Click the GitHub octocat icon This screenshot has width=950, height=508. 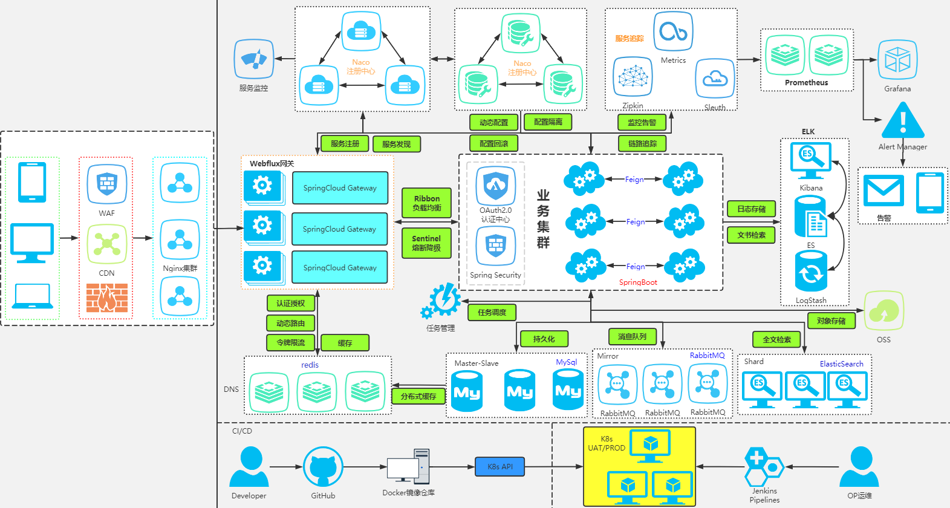(323, 467)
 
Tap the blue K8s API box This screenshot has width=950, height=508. (500, 467)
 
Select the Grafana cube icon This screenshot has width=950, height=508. (897, 60)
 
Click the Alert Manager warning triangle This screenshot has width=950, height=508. (903, 121)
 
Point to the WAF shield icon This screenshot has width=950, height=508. (107, 184)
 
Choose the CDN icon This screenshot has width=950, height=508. (107, 244)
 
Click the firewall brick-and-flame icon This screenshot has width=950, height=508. (107, 298)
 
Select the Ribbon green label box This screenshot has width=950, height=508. (426, 203)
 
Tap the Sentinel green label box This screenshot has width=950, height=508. (426, 243)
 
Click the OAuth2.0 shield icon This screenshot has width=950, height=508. (496, 185)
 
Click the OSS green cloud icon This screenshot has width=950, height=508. (883, 311)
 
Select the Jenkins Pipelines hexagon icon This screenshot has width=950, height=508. (764, 466)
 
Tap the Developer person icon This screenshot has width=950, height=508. (249, 467)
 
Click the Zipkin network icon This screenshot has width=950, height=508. (633, 77)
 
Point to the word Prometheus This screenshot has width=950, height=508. (806, 83)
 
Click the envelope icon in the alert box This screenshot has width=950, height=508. (883, 190)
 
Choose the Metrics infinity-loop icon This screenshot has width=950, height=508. (673, 31)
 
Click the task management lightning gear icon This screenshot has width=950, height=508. (442, 301)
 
